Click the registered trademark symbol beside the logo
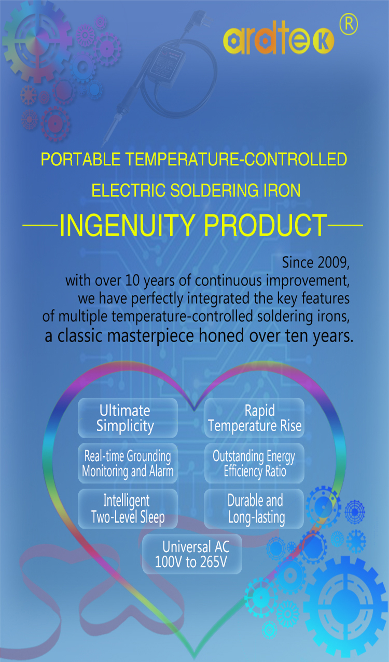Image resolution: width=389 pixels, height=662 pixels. [x=349, y=24]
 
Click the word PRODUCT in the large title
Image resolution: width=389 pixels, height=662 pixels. [x=266, y=225]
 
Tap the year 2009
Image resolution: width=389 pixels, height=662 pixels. [x=331, y=262]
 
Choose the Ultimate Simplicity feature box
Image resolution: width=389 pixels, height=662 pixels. [x=128, y=418]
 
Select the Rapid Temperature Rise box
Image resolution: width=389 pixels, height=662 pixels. [x=254, y=418]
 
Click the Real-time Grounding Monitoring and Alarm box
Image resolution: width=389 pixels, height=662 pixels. [x=128, y=463]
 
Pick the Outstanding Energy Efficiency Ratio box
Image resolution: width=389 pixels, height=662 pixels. [x=254, y=463]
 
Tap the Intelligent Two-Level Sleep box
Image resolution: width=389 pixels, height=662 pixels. [x=128, y=509]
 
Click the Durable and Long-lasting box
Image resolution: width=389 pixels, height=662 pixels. [x=254, y=509]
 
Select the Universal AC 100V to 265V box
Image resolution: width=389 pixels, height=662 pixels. [x=192, y=554]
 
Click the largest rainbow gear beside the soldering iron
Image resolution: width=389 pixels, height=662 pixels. [x=37, y=41]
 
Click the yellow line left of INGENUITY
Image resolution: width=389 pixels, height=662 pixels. [x=40, y=226]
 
